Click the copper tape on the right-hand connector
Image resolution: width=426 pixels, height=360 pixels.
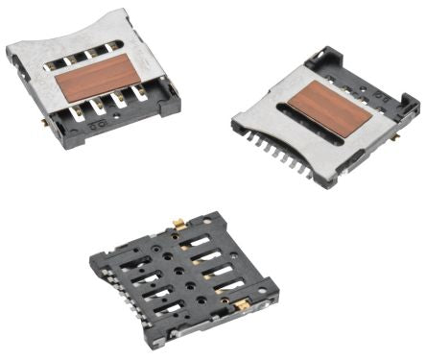pos(329,108)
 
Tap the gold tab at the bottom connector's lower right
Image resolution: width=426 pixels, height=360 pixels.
pos(243,304)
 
